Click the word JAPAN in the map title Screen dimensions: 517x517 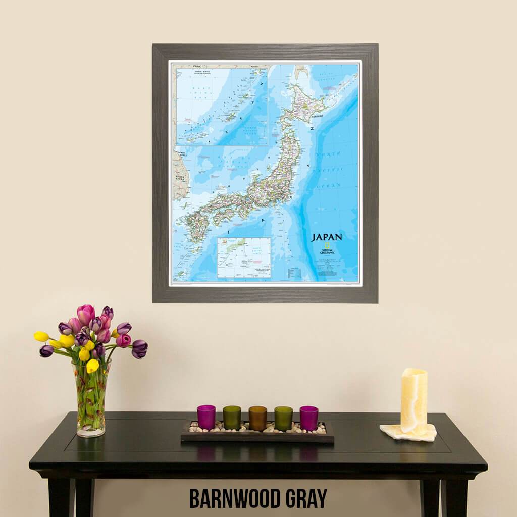tap(327, 237)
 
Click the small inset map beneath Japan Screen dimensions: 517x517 tap(244, 257)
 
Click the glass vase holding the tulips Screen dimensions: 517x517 tap(91, 401)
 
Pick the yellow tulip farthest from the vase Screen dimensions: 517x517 tap(41, 336)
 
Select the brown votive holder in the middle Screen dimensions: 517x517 tap(257, 418)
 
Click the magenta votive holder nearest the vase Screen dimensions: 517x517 tap(206, 417)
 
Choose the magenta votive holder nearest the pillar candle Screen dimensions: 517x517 tap(308, 418)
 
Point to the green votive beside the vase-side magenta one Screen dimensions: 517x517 tap(232, 417)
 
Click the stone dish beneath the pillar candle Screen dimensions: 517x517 tap(408, 433)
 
